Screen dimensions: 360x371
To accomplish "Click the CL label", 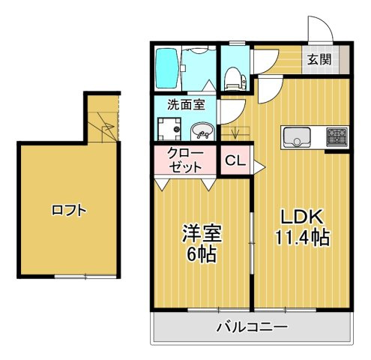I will coord(234,160).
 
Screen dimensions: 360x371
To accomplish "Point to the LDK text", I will coord(301,217).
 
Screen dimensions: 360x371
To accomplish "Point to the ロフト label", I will coord(69,211).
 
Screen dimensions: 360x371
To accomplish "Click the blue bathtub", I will coord(166,67).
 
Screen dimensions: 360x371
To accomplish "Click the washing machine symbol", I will coord(169,130).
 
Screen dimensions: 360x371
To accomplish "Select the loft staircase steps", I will coord(104,124).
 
